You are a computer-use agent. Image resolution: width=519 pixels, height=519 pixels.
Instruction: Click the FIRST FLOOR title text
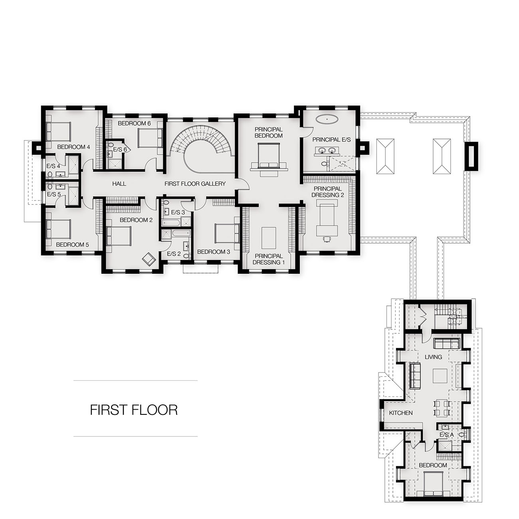click(134, 410)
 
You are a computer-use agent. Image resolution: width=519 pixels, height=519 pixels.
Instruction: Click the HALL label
click(119, 184)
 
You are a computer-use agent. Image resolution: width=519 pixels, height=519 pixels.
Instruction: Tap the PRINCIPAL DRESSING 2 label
click(327, 192)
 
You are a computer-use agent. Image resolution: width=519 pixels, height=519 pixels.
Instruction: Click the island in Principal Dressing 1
click(269, 238)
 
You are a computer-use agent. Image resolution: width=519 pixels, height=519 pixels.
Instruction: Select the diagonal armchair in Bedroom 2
click(149, 259)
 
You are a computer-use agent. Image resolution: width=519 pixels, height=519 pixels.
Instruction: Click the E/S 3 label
click(178, 212)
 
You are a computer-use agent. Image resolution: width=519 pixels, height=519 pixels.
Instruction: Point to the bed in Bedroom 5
click(58, 229)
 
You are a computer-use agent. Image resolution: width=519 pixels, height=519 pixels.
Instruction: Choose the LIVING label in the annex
click(433, 357)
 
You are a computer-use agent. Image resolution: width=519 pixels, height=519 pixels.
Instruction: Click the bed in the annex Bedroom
click(433, 488)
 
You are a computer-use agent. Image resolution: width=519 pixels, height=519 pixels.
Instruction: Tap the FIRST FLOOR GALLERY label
click(195, 184)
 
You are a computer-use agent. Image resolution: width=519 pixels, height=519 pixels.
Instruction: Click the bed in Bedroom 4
click(58, 131)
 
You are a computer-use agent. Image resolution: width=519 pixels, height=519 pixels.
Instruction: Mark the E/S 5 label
click(53, 194)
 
